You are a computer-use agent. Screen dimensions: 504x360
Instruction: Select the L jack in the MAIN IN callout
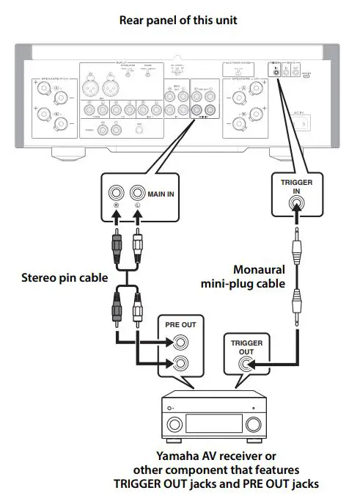point(136,194)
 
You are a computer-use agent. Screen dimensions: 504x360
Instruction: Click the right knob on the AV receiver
point(253,425)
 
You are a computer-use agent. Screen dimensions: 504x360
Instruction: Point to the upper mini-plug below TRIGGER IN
point(296,253)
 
